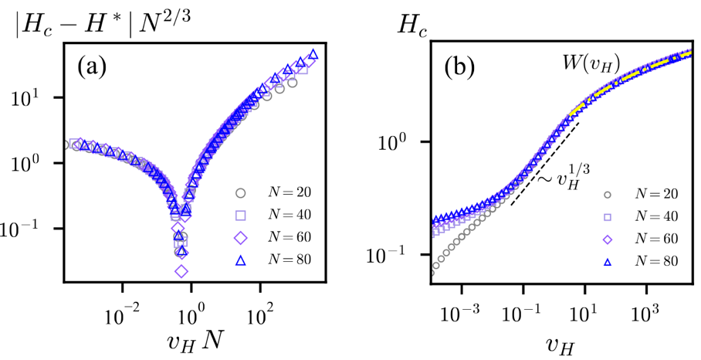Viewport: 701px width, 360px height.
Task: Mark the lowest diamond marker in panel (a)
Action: pos(181,271)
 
